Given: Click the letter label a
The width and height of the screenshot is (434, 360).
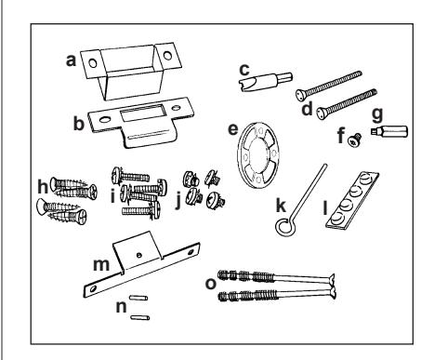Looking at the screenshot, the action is coord(71,60).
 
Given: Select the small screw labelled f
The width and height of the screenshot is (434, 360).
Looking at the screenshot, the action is coord(355,140).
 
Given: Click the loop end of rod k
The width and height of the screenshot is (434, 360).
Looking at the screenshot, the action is coord(284,227).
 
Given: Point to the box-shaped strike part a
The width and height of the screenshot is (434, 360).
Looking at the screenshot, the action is coord(130,71).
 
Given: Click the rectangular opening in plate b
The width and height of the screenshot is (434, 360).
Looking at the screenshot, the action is coord(141,113).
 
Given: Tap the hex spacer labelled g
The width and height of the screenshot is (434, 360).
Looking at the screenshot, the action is coord(389,131).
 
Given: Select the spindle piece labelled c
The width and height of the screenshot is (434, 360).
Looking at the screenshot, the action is coord(265,81).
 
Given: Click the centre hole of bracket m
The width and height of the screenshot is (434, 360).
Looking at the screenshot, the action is coord(139,255).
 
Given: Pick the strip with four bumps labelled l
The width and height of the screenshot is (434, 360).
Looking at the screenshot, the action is coord(352,201).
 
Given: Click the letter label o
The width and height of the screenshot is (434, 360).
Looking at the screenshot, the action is coord(211,284).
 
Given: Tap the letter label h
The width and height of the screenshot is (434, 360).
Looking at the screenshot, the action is coord(43,187).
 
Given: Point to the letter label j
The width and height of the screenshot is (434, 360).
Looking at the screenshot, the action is coord(178,201).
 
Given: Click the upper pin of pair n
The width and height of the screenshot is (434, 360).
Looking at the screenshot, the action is coord(138,298).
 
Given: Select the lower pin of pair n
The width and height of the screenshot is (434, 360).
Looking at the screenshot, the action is coord(140,317).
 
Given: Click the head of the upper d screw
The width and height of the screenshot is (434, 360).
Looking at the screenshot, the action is coord(300,95).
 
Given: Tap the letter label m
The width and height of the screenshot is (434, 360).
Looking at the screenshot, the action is coord(101,265).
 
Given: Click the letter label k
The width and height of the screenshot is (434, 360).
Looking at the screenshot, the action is coord(281,206).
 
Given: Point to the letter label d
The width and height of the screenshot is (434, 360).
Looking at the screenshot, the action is coord(307,109).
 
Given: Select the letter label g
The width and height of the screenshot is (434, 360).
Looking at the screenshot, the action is coord(377,114).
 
